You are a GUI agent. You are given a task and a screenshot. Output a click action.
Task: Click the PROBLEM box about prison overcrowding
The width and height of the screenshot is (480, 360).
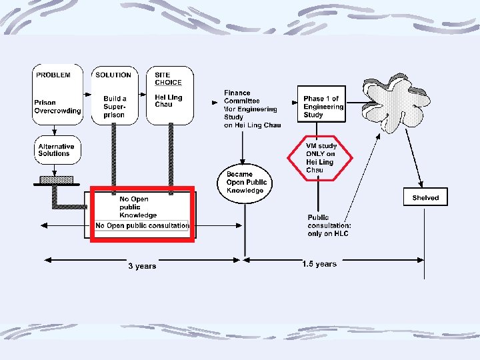[58, 93]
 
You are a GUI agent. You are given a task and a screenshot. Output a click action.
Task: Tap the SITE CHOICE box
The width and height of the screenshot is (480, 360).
[169, 93]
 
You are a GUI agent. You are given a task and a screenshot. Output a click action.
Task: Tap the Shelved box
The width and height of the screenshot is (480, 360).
[425, 198]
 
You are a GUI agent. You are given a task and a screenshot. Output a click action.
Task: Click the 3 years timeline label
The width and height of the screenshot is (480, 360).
[142, 266]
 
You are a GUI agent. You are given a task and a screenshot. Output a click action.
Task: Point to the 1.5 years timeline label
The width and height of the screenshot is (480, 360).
[319, 264]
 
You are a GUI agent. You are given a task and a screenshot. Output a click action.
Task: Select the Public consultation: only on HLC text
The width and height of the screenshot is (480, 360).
[329, 226]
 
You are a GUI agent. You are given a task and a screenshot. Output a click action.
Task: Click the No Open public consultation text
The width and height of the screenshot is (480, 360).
[142, 226]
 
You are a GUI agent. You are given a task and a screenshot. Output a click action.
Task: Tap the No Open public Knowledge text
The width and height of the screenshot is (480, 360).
[138, 207]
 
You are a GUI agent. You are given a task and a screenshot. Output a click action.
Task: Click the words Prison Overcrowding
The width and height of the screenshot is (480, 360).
[57, 107]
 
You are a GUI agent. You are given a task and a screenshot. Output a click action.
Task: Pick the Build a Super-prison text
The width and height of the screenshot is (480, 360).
[115, 107]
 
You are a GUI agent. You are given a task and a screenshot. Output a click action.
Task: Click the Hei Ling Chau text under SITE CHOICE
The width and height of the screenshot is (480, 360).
[168, 100]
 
